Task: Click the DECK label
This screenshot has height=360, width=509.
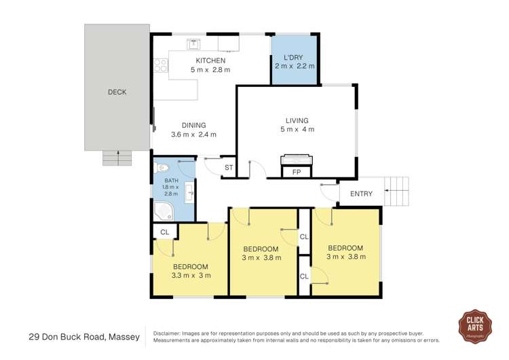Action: pyautogui.click(x=117, y=92)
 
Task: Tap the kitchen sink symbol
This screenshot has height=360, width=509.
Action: pyautogui.click(x=193, y=44)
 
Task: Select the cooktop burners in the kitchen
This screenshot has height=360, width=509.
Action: pyautogui.click(x=161, y=65)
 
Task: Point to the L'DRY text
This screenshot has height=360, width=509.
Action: pyautogui.click(x=294, y=56)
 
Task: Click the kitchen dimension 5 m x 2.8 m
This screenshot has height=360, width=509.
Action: pyautogui.click(x=210, y=70)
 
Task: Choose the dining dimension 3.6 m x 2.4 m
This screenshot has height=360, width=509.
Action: pyautogui.click(x=193, y=134)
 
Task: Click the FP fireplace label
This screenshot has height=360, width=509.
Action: pyautogui.click(x=297, y=173)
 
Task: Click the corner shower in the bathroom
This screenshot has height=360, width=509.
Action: pyautogui.click(x=164, y=211)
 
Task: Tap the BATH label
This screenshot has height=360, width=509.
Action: pyautogui.click(x=171, y=181)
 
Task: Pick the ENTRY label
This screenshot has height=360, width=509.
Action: pyautogui.click(x=361, y=194)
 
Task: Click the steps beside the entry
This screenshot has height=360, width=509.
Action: pyautogui.click(x=397, y=191)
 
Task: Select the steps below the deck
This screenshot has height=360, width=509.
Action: pyautogui.click(x=117, y=158)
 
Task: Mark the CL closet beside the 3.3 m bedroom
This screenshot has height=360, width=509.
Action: pyautogui.click(x=164, y=232)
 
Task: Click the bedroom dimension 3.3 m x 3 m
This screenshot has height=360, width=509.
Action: pyautogui.click(x=191, y=276)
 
